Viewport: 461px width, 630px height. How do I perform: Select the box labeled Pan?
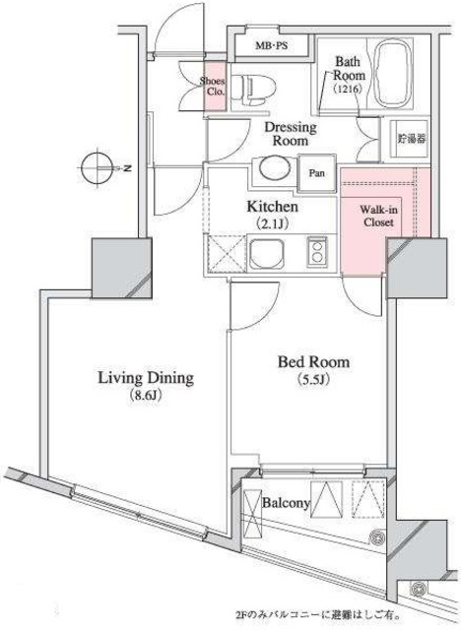pyautogui.click(x=318, y=173)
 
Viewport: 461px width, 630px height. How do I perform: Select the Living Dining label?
pyautogui.click(x=144, y=377)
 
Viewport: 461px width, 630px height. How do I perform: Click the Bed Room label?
pyautogui.click(x=313, y=362)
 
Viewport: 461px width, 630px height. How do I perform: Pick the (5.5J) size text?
pyautogui.click(x=314, y=381)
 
